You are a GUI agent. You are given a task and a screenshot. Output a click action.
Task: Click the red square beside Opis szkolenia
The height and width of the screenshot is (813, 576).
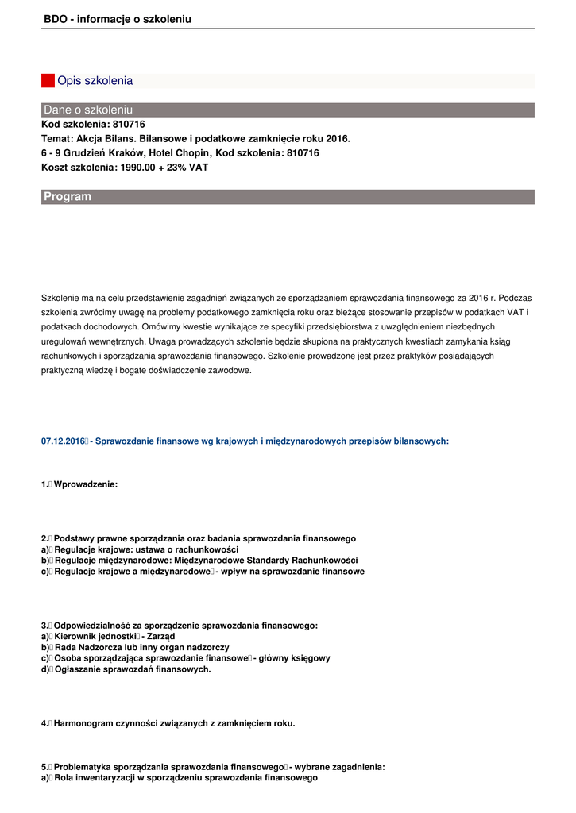tap(48, 81)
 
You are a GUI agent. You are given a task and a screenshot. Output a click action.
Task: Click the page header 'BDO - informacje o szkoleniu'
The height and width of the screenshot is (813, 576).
tap(118, 19)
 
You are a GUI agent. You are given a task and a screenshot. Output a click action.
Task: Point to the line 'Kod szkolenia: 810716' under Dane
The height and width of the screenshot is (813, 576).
tap(93, 125)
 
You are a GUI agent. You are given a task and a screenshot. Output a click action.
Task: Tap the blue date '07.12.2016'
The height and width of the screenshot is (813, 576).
tap(63, 441)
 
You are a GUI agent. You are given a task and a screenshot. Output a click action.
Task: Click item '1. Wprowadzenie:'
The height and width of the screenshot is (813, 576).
tap(79, 484)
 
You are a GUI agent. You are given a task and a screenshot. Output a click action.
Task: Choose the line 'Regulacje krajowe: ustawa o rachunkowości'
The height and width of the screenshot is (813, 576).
tap(140, 549)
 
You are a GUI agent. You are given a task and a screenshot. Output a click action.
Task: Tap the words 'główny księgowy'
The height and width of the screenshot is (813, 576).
tap(295, 659)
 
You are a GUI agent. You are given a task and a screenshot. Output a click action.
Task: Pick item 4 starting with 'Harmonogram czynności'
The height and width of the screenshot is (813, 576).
tap(168, 724)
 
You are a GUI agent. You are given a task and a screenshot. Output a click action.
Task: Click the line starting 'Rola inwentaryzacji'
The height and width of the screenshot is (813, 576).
tap(180, 779)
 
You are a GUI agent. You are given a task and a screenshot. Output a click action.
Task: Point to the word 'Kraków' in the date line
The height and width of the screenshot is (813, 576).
tap(125, 153)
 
